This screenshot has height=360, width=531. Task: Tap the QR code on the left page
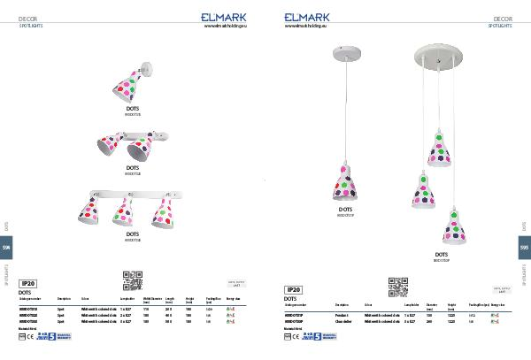coord(132,280)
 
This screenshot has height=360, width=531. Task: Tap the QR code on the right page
coord(397,286)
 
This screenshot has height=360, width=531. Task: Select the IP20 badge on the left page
coord(28,281)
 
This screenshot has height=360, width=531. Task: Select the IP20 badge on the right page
coord(294,289)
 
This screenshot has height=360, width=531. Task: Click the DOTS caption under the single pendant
coord(345,211)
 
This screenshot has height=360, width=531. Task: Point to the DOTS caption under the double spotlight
coord(133,166)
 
